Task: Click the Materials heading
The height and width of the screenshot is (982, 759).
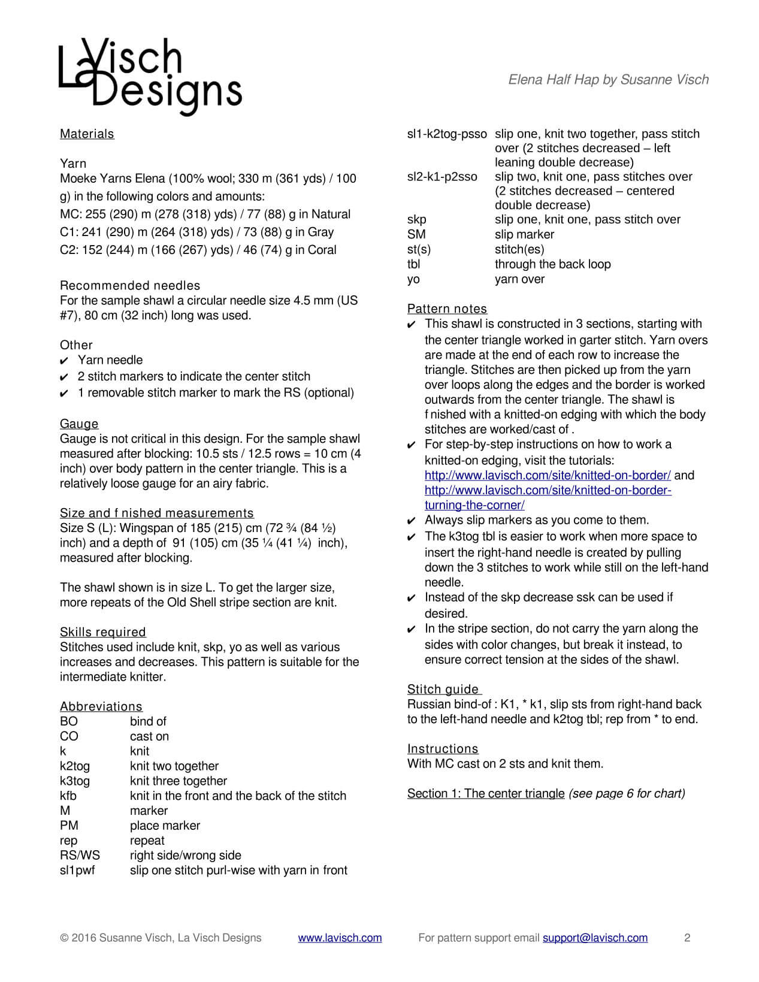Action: point(87,134)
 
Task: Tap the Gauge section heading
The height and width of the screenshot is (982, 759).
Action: point(79,424)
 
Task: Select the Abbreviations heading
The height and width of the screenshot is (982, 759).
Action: point(101,706)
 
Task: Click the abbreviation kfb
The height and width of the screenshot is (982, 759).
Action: point(68,796)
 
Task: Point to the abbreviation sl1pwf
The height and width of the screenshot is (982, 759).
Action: point(77,870)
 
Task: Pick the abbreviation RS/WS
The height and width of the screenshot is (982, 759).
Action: point(80,855)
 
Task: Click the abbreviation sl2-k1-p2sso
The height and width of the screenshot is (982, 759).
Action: point(442,177)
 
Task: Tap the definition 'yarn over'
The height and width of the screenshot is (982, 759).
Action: point(519,279)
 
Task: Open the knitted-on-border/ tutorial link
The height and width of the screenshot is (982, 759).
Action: point(548,475)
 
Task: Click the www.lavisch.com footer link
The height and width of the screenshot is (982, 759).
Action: point(340,938)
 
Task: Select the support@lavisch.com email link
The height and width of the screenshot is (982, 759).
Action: point(595,938)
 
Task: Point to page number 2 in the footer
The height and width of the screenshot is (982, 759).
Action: point(687,938)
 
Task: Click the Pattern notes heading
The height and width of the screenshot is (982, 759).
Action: point(447,309)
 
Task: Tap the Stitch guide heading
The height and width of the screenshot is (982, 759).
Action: point(443,689)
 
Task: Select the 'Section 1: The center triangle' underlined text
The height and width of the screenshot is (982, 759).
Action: point(486,793)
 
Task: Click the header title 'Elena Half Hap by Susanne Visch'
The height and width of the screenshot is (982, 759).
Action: point(608,80)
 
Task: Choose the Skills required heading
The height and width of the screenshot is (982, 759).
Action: point(103,632)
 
